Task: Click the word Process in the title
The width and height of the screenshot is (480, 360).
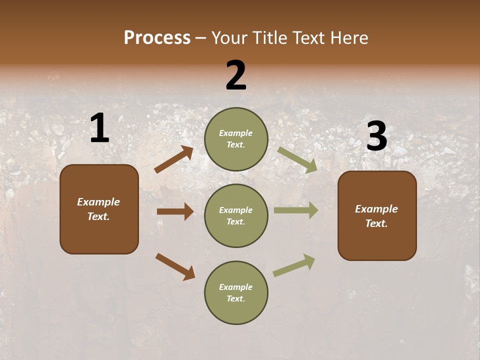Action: pos(157,37)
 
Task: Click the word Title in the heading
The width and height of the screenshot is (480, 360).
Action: pos(269,37)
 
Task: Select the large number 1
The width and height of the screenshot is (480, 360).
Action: pos(99,128)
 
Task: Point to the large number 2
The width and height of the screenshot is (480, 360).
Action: pos(236,75)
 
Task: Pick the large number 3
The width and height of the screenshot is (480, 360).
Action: pos(376,136)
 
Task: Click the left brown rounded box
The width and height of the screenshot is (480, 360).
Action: pos(99,209)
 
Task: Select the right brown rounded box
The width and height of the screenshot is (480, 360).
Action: pos(377,216)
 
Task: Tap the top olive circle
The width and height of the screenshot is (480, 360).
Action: pos(236,139)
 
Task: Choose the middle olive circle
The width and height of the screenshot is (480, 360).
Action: pos(236,215)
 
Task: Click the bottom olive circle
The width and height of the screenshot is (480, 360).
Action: pos(236,292)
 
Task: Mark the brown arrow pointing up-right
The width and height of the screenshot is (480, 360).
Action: pos(174,159)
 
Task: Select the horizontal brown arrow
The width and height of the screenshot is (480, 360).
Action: pos(175,211)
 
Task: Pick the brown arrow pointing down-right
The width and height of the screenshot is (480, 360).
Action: pos(175,266)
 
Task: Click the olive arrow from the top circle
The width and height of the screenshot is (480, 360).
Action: pos(297,159)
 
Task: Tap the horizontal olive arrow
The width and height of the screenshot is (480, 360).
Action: pos(296,210)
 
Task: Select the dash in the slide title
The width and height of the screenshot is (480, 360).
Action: pos(201,38)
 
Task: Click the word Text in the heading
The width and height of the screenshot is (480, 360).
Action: pos(308,37)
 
